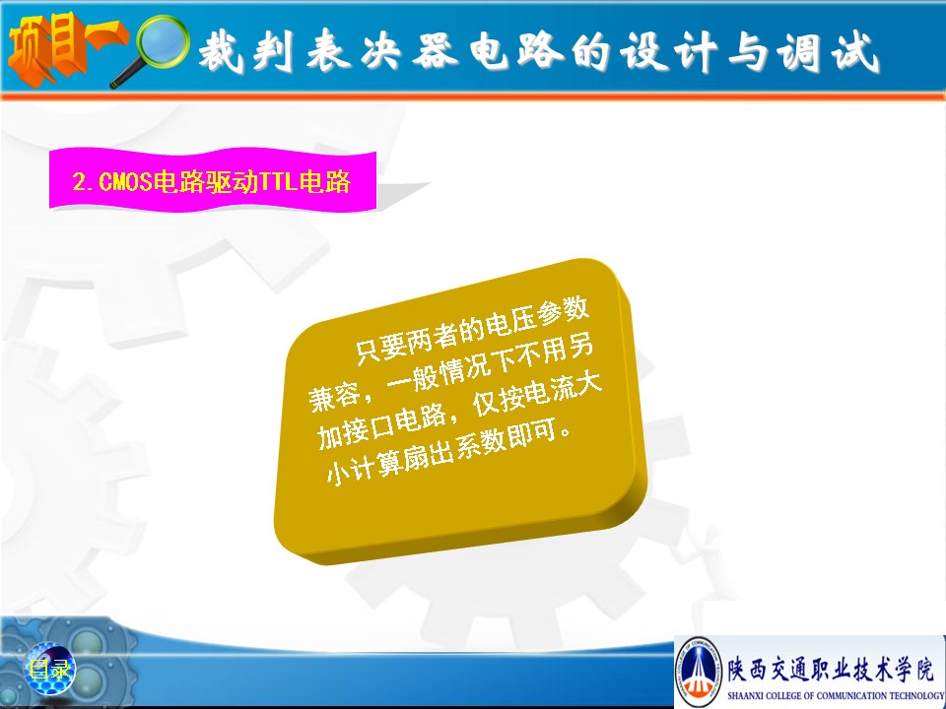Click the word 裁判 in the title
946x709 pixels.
246,50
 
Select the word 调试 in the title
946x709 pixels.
828,52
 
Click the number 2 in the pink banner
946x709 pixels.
80,181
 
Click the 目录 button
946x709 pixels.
50,669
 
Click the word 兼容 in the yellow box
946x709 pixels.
334,396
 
